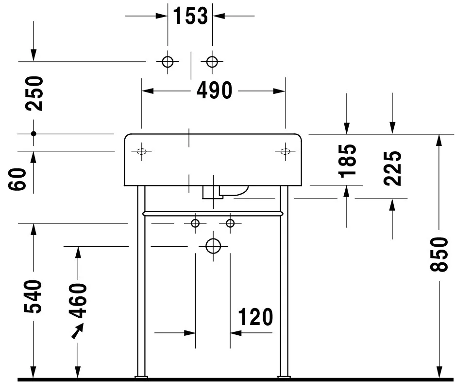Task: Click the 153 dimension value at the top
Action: click(190, 16)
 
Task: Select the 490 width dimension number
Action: click(215, 91)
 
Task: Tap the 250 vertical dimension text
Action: click(34, 93)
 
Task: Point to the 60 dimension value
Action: click(17, 179)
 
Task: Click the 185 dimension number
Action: click(347, 161)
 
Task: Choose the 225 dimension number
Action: click(392, 168)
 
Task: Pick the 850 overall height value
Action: click(439, 255)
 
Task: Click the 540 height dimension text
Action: click(33, 297)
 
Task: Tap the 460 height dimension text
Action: click(78, 301)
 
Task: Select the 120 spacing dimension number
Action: click(255, 317)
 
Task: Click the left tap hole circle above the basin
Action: click(168, 62)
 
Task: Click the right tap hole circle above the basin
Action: click(212, 62)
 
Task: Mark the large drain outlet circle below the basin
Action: click(213, 246)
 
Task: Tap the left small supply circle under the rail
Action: click(195, 223)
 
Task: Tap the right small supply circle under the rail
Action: click(230, 223)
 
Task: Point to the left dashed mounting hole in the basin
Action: click(142, 151)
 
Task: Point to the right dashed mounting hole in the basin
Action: click(285, 151)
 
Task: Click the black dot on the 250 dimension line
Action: click(34, 134)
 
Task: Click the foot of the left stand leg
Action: click(141, 377)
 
